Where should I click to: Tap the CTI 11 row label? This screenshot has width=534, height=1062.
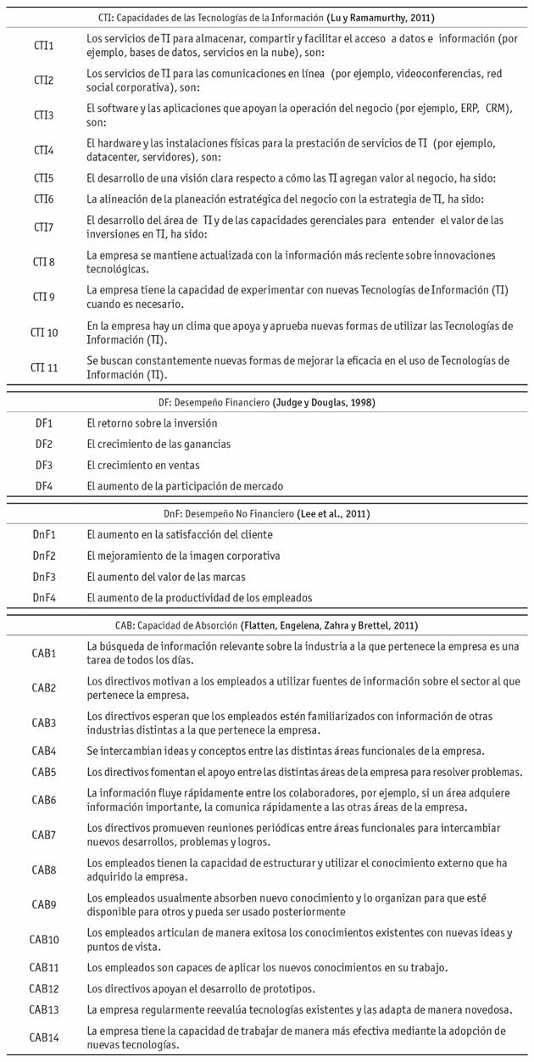pos(44,366)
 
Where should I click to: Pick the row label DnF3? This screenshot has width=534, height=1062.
pos(44,577)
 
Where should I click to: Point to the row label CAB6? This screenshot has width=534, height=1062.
pos(44,799)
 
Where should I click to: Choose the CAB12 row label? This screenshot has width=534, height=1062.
pos(44,989)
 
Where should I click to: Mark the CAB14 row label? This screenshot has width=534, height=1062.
pos(44,1037)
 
